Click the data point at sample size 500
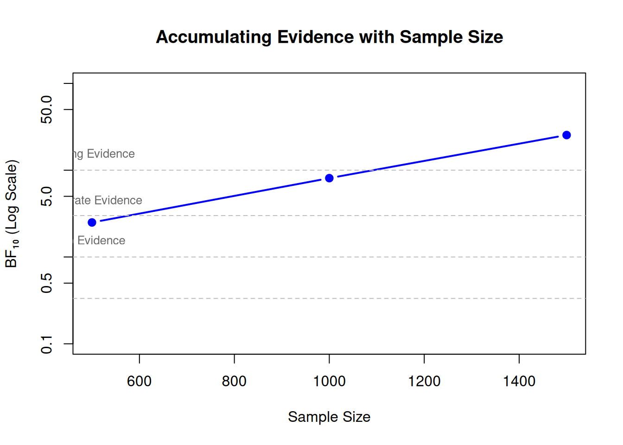click(92, 222)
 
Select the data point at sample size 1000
click(329, 178)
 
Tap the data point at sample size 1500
click(566, 135)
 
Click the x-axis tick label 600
click(139, 381)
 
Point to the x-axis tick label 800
click(234, 381)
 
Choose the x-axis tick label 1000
click(329, 381)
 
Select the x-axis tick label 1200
click(424, 381)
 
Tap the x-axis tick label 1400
click(519, 381)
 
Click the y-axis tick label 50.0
click(47, 109)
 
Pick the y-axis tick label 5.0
click(47, 196)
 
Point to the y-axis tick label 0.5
click(47, 283)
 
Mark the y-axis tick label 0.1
click(47, 344)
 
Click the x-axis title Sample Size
click(329, 417)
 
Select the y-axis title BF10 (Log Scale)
click(12, 214)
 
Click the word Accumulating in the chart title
click(214, 37)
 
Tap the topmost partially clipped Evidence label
click(104, 154)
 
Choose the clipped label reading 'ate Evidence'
click(108, 200)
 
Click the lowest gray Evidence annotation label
click(100, 241)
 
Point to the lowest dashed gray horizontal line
click(329, 299)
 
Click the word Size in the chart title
click(485, 37)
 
